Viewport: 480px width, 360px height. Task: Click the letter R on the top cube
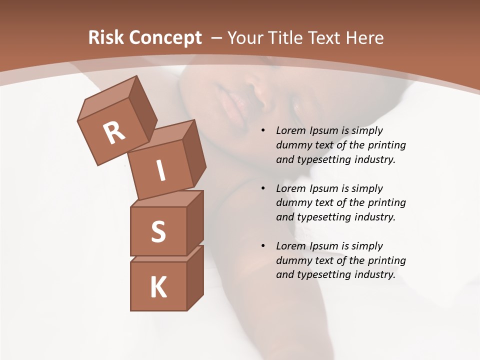click(114, 133)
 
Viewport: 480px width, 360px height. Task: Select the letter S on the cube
click(158, 231)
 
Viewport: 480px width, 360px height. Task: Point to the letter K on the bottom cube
click(158, 287)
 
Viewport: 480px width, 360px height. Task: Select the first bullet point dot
click(263, 131)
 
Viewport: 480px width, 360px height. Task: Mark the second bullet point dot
click(263, 189)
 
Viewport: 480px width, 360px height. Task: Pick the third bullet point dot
click(263, 246)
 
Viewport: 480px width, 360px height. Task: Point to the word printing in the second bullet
click(386, 203)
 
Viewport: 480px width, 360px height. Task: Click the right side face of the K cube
click(195, 277)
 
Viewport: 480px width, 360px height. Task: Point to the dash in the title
click(217, 38)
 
